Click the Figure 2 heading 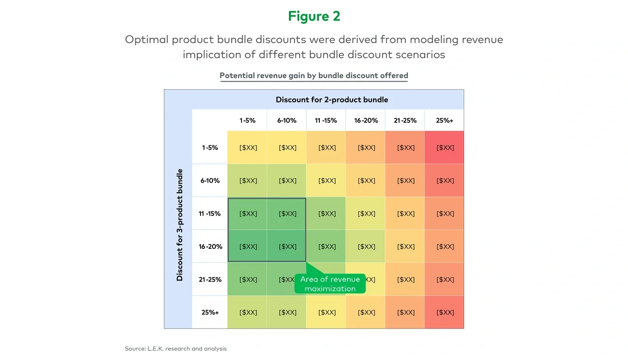(314, 16)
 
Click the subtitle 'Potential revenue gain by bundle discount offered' (314, 75)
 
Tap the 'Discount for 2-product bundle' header (332, 100)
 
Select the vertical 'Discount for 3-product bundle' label (180, 225)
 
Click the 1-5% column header (247, 120)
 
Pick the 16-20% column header (366, 120)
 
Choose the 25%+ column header (444, 120)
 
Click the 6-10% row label (210, 181)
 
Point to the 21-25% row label (210, 279)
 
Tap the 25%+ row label (210, 312)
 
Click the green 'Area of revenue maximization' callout (330, 284)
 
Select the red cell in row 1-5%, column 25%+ (445, 147)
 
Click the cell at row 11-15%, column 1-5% (248, 214)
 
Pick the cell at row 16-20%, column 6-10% (287, 246)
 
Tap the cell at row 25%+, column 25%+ (445, 312)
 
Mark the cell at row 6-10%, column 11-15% (327, 181)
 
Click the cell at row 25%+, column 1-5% (248, 312)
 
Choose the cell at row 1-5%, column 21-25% (405, 147)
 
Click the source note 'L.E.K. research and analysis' (175, 348)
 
